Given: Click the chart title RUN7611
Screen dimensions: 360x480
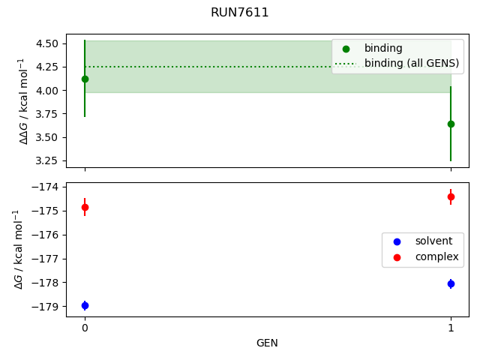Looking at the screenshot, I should tap(240, 13).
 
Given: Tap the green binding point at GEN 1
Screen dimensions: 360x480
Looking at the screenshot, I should tap(451, 124).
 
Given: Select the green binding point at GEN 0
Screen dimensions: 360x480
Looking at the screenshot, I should tap(84, 79).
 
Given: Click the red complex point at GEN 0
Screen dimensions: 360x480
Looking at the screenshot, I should tap(85, 207).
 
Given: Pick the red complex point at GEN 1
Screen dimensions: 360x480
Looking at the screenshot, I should tap(451, 196).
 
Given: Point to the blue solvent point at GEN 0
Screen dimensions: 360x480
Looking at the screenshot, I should tap(85, 305).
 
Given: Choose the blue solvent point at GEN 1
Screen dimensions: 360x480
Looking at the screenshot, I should tap(451, 283).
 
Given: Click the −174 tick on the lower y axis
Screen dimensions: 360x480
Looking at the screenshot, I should tap(46, 187).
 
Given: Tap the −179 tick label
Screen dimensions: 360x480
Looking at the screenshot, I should tap(46, 307).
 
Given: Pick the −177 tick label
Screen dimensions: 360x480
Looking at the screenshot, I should tap(46, 259).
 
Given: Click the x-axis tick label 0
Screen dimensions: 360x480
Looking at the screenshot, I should tap(85, 328).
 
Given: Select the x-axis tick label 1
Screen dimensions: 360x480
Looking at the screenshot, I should tap(451, 328).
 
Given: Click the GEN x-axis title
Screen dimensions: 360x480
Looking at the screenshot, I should tap(268, 343).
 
